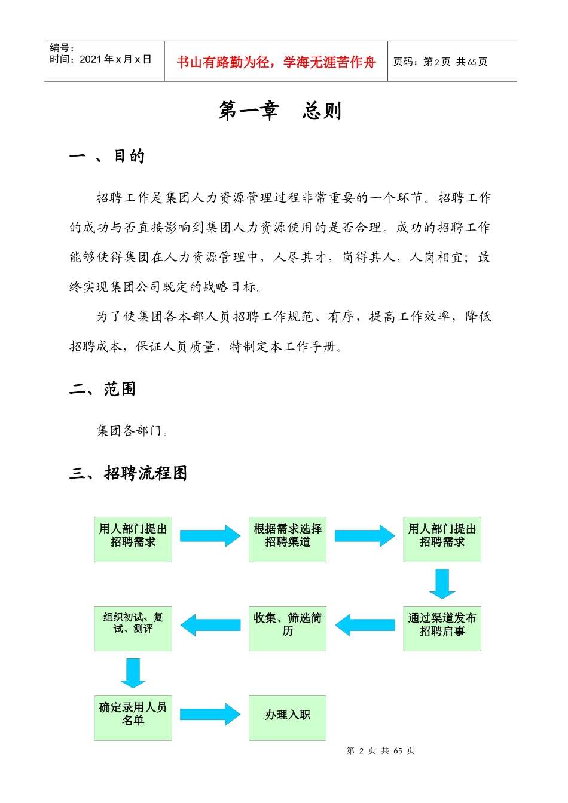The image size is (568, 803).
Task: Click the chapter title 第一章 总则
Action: tap(280, 111)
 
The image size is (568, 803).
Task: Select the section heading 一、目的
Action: tap(107, 157)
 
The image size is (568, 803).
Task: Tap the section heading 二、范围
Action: tap(102, 390)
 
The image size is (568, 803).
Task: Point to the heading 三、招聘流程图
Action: tap(129, 473)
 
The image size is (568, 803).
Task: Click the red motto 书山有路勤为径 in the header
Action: tap(276, 62)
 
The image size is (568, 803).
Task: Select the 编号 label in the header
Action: tap(62, 48)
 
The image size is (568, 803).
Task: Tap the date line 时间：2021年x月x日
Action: tap(100, 59)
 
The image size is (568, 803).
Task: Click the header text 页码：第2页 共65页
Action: tap(440, 62)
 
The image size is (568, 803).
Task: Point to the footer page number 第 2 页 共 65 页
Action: tap(380, 750)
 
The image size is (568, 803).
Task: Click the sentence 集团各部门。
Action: tap(133, 431)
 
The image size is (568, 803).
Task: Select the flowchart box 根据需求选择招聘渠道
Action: tap(288, 539)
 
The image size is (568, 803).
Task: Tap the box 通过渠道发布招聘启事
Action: tap(442, 628)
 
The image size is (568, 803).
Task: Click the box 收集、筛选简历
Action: tap(288, 628)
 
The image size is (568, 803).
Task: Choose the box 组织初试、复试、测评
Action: tap(133, 628)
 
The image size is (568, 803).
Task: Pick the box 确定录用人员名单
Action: tap(133, 718)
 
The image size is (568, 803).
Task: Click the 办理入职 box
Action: tap(288, 718)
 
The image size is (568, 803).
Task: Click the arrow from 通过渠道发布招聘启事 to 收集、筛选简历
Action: tap(365, 625)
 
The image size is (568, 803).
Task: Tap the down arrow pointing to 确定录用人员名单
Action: tap(133, 673)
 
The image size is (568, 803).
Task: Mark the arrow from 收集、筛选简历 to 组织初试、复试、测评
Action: tap(210, 625)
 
